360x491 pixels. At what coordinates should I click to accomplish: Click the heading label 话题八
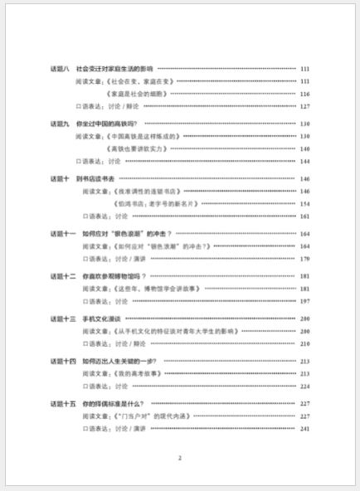61,68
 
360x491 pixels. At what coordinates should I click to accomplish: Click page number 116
304,94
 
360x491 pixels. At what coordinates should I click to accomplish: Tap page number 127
304,106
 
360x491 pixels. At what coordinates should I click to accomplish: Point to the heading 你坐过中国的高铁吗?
111,124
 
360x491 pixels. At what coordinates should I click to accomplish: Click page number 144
304,161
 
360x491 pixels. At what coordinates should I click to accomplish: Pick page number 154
304,203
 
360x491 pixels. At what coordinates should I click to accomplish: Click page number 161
304,216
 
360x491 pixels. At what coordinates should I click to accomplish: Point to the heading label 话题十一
63,234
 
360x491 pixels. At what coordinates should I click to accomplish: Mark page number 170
304,259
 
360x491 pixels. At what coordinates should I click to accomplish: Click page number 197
304,301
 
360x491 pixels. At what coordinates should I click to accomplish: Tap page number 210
304,343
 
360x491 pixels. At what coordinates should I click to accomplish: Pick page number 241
304,428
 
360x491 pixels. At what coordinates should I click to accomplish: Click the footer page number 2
180,457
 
